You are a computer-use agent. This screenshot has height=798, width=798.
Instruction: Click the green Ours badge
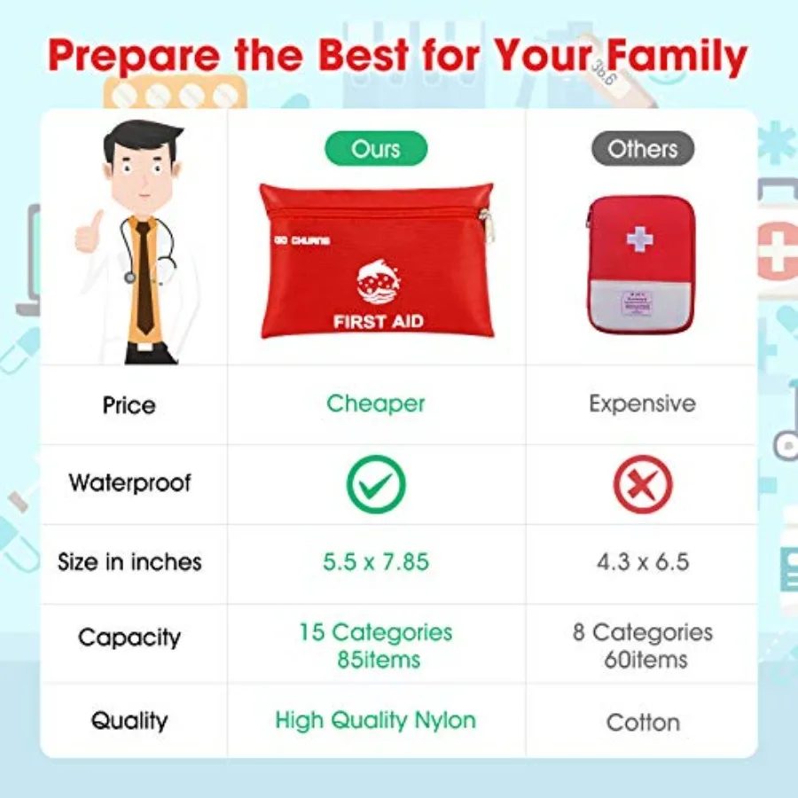click(376, 149)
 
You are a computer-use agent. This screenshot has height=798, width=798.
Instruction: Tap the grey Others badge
click(643, 149)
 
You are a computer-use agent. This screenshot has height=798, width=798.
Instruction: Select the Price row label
click(129, 405)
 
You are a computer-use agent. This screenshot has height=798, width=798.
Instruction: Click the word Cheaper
click(376, 403)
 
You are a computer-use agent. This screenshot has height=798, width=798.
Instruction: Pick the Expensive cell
click(642, 403)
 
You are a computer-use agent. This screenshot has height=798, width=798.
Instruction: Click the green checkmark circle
click(376, 484)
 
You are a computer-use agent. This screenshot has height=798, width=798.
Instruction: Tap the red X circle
click(643, 484)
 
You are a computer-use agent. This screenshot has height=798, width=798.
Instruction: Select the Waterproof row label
click(129, 483)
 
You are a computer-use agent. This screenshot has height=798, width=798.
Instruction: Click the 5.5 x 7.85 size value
click(376, 561)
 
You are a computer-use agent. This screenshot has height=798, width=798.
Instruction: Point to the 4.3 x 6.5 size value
click(643, 561)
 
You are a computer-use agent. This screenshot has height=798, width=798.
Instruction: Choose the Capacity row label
click(129, 638)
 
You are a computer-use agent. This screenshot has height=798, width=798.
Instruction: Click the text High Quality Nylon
click(375, 720)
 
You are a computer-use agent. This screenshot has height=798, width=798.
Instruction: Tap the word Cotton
click(643, 723)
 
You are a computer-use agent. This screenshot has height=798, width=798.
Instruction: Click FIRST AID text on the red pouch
click(378, 322)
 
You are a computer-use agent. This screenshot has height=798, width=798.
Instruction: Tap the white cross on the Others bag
click(638, 238)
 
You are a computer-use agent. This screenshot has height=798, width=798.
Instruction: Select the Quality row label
click(129, 720)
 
